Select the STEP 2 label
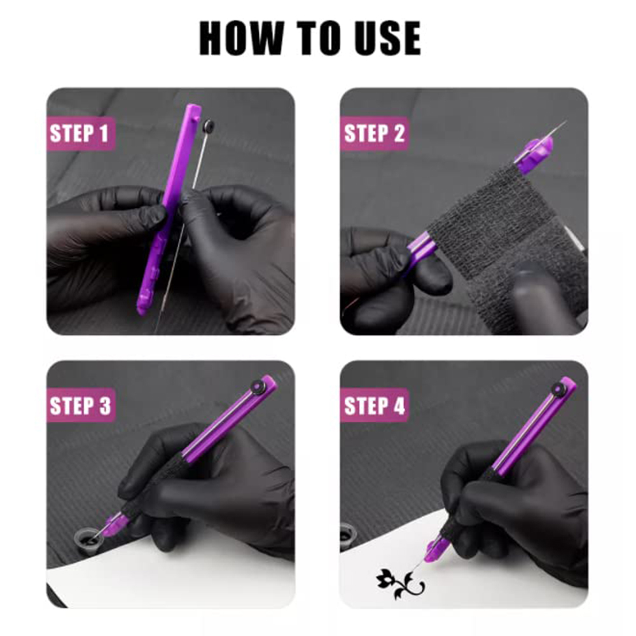coord(374,134)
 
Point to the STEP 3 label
coord(80,405)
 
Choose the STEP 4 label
coord(374,405)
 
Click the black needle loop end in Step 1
coord(209,126)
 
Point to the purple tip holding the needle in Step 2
coord(535,151)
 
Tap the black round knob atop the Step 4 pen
coord(559,388)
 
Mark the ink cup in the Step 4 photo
coord(347,536)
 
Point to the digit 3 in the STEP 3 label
coord(105,405)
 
